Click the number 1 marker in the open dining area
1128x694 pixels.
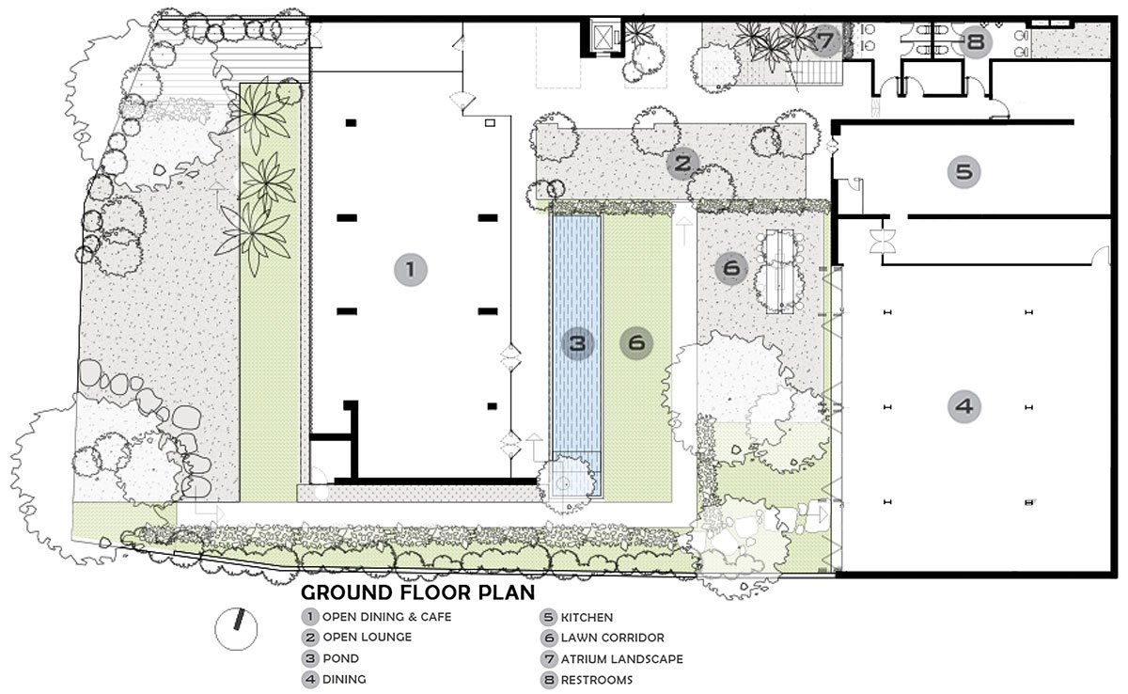tap(411, 270)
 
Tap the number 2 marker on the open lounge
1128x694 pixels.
tap(682, 164)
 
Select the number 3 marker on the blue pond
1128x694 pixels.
tap(577, 343)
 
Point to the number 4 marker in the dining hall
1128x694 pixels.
tap(963, 406)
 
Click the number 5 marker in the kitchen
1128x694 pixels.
tap(963, 172)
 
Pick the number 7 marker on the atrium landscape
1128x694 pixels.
tap(825, 40)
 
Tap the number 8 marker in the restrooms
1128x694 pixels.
tap(976, 41)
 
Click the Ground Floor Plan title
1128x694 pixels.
tap(417, 592)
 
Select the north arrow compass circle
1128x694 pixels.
tap(236, 629)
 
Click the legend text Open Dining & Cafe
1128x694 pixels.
tap(386, 617)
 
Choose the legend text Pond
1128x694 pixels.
tap(341, 658)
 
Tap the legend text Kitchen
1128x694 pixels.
tap(587, 618)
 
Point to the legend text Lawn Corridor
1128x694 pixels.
tap(612, 638)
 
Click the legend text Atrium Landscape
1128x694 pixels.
tap(622, 659)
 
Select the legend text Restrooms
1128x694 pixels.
tap(597, 680)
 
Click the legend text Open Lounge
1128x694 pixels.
tap(368, 637)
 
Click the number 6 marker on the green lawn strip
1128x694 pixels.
tap(636, 343)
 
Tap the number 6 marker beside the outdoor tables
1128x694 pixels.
tap(731, 267)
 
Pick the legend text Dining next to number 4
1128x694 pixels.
tap(344, 679)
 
